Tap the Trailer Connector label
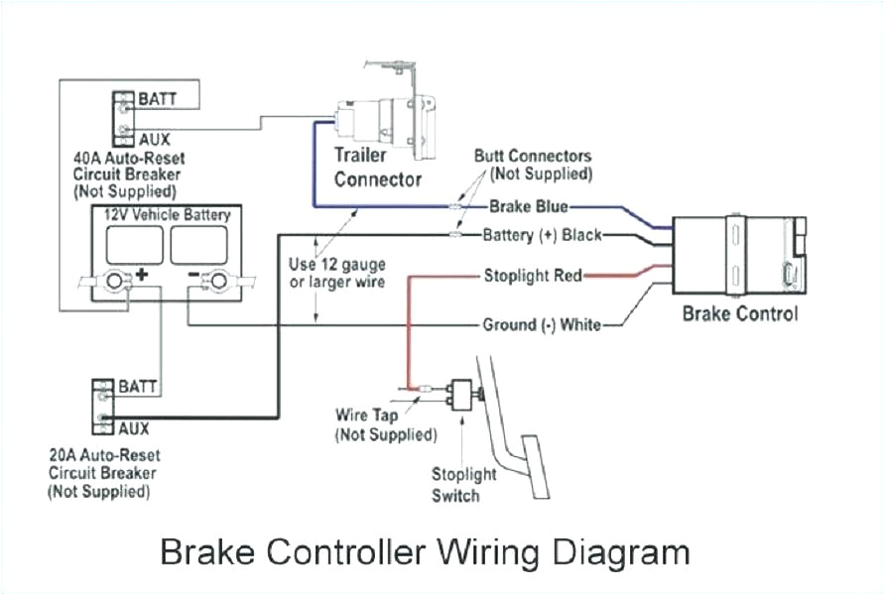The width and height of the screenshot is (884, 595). pyautogui.click(x=377, y=168)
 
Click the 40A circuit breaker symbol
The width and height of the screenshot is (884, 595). pyautogui.click(x=122, y=115)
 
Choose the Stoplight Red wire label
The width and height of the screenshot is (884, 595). pyautogui.click(x=533, y=275)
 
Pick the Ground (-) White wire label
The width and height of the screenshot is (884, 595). pyautogui.click(x=541, y=324)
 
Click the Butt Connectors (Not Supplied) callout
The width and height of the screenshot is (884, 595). pyautogui.click(x=533, y=165)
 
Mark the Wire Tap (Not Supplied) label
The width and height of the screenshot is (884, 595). pyautogui.click(x=385, y=424)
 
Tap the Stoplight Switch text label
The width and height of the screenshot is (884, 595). pyautogui.click(x=455, y=484)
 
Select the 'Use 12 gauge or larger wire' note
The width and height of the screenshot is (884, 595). pyautogui.click(x=335, y=274)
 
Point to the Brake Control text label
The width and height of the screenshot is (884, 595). pyautogui.click(x=739, y=314)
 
